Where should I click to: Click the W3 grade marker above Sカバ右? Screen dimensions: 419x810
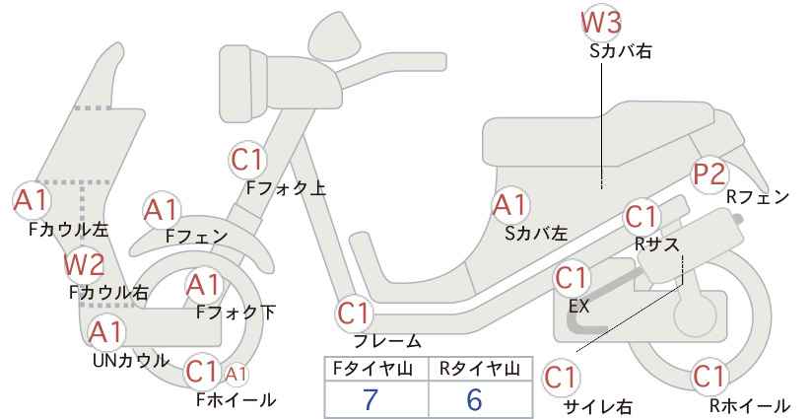(603, 21)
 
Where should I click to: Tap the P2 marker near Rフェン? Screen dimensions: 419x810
(709, 175)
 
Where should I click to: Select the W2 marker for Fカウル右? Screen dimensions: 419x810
(84, 264)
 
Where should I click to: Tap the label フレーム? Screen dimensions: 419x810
(388, 341)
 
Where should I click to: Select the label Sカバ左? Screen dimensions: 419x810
(536, 234)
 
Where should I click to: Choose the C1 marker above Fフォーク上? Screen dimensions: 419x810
(250, 159)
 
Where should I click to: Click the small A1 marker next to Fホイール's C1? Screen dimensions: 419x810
(236, 374)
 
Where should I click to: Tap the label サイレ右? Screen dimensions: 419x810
(598, 405)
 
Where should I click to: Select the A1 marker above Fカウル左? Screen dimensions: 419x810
(31, 200)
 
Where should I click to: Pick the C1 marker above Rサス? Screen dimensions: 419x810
(641, 216)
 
